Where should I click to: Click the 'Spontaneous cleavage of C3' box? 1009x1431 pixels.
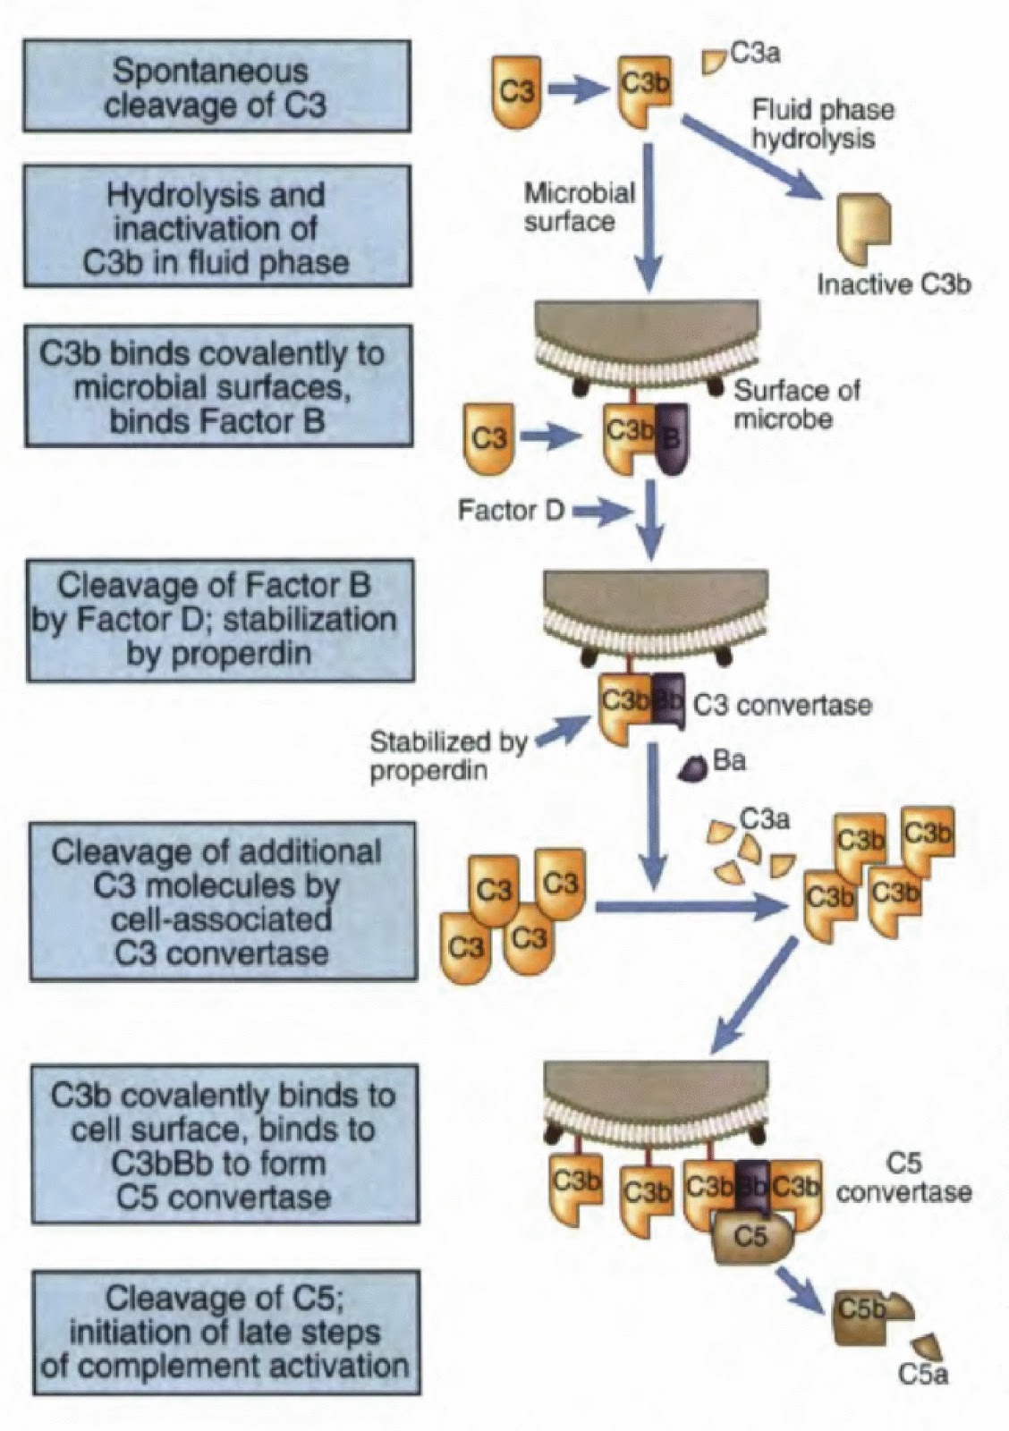217,87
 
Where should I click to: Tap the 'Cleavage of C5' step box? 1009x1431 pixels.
225,1332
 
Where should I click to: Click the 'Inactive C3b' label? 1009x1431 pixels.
894,284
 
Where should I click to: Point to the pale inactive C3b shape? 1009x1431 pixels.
863,222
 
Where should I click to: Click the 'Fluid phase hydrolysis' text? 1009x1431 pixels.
822,124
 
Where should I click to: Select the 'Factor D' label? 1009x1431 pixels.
511,511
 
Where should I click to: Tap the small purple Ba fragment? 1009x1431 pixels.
693,768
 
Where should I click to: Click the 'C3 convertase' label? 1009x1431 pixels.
782,705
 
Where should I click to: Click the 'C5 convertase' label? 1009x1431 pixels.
903,1179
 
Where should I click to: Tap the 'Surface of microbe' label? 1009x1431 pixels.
796,403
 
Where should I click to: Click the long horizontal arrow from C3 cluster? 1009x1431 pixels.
689,909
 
